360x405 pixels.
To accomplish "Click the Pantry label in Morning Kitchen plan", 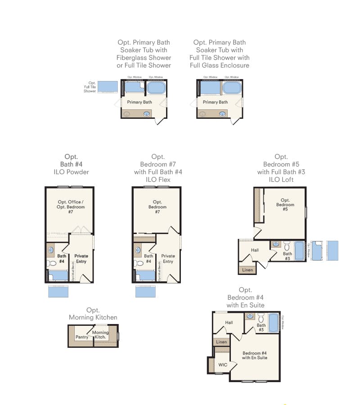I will (x=82, y=337).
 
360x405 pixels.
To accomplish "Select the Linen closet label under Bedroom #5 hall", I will (x=247, y=270).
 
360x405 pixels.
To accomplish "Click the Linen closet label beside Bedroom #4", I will (x=221, y=342).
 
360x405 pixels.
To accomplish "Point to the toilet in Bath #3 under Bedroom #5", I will (x=287, y=246).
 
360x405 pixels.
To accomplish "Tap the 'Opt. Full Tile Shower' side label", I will (x=90, y=87).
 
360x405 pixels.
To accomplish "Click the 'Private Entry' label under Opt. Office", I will (x=81, y=258).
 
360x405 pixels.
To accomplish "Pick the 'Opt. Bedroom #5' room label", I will (x=284, y=204).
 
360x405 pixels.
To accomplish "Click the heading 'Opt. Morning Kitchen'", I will (x=93, y=314).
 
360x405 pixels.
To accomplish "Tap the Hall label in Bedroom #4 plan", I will (x=229, y=322).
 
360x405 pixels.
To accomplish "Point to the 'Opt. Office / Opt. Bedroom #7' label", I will (x=71, y=207).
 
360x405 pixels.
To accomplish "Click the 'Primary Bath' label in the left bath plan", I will (x=139, y=102).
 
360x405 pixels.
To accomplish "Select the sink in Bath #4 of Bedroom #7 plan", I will (x=138, y=249).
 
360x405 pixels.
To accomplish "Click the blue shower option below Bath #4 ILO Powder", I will (x=58, y=291).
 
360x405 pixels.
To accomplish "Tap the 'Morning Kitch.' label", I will (x=100, y=335).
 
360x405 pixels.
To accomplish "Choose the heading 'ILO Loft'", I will (x=281, y=180).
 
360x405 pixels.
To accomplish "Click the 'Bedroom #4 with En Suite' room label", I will (x=255, y=355).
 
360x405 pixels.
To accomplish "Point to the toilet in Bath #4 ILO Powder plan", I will (x=51, y=263).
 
